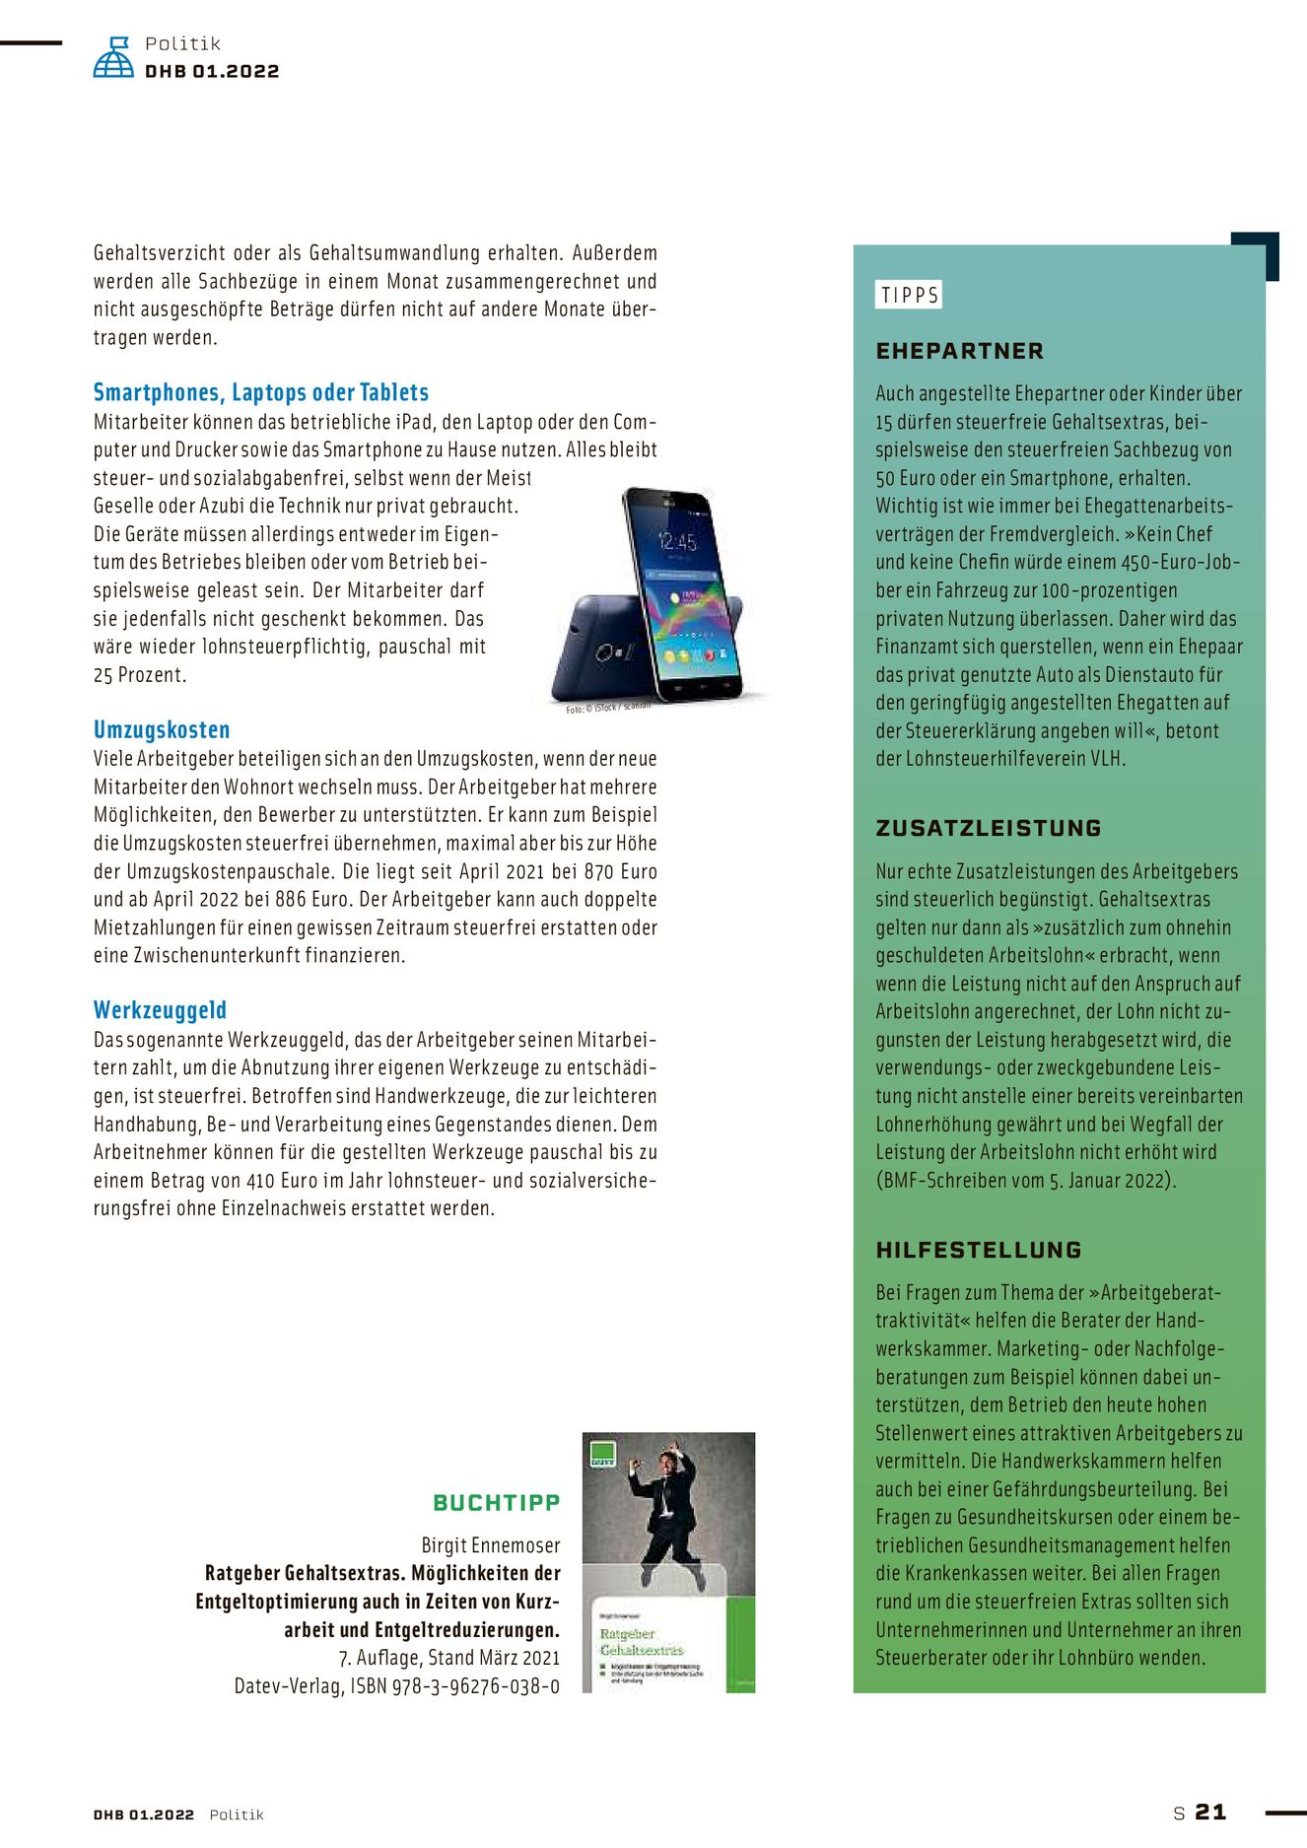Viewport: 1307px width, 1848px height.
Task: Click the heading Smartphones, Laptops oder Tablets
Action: pyautogui.click(x=261, y=392)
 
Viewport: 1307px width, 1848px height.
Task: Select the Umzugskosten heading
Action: pyautogui.click(x=162, y=729)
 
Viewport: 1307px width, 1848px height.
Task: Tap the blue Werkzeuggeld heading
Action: pyautogui.click(x=160, y=1010)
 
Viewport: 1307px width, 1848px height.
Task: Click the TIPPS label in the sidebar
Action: pyautogui.click(x=909, y=295)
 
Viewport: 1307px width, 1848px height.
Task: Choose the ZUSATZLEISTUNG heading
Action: pyautogui.click(x=988, y=828)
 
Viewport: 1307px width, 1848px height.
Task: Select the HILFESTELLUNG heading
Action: pyautogui.click(x=978, y=1250)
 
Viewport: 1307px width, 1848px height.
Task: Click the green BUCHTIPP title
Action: pyautogui.click(x=496, y=1503)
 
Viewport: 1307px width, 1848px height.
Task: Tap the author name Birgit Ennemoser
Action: pyautogui.click(x=491, y=1545)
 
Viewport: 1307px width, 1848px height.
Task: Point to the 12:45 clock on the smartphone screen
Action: pyautogui.click(x=677, y=542)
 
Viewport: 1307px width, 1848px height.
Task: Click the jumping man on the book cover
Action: pyautogui.click(x=669, y=1508)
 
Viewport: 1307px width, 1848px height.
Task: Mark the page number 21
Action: pyautogui.click(x=1210, y=1813)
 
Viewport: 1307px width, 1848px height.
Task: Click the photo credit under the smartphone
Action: pyautogui.click(x=608, y=707)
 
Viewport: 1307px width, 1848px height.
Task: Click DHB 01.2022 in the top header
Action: pyautogui.click(x=212, y=71)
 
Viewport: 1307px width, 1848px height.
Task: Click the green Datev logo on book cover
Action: pyautogui.click(x=601, y=1454)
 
